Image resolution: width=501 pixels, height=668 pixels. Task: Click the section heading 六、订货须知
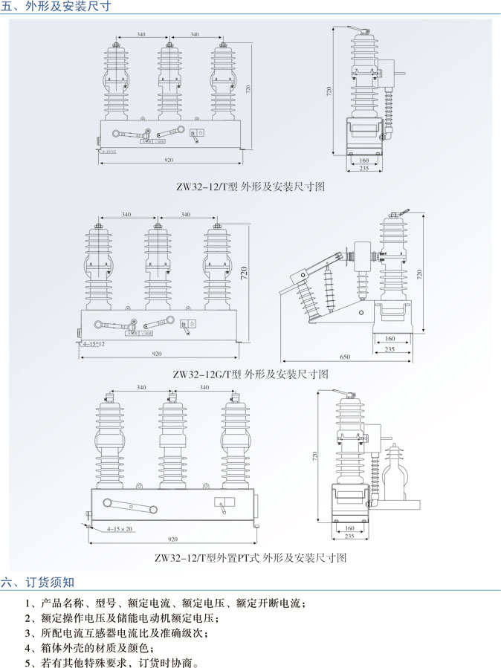tap(38, 581)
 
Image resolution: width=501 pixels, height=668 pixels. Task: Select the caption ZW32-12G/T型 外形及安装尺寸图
tap(250, 374)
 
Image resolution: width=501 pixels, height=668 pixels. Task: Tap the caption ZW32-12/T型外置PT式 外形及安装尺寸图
tap(250, 557)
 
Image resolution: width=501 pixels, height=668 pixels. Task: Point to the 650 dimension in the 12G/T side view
tap(345, 357)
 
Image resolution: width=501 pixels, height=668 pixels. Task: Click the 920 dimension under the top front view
tap(169, 160)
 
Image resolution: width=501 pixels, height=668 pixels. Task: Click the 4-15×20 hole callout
tap(119, 529)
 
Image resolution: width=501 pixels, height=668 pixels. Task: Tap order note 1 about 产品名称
tap(164, 603)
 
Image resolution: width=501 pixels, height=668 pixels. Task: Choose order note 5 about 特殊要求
tap(111, 663)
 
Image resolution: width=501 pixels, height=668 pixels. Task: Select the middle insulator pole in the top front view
tap(169, 82)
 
